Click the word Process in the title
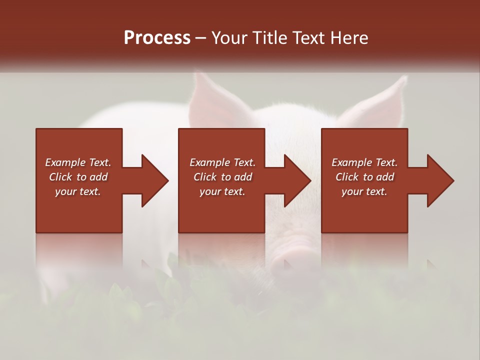157,38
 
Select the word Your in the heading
229,38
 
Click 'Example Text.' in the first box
78,162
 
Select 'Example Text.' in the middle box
222,162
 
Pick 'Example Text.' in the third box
364,162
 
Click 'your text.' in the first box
78,191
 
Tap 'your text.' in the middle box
222,191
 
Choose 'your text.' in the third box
364,191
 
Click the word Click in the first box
61,177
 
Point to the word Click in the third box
347,177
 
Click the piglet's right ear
380,102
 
